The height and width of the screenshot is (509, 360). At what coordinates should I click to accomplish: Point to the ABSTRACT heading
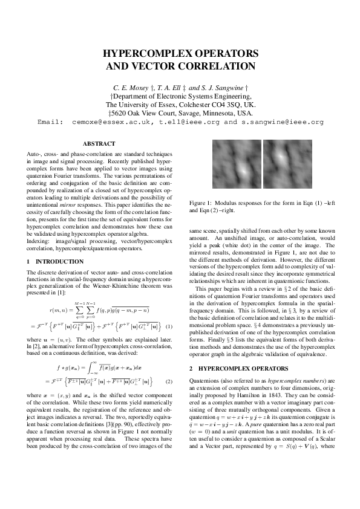tap(98, 144)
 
